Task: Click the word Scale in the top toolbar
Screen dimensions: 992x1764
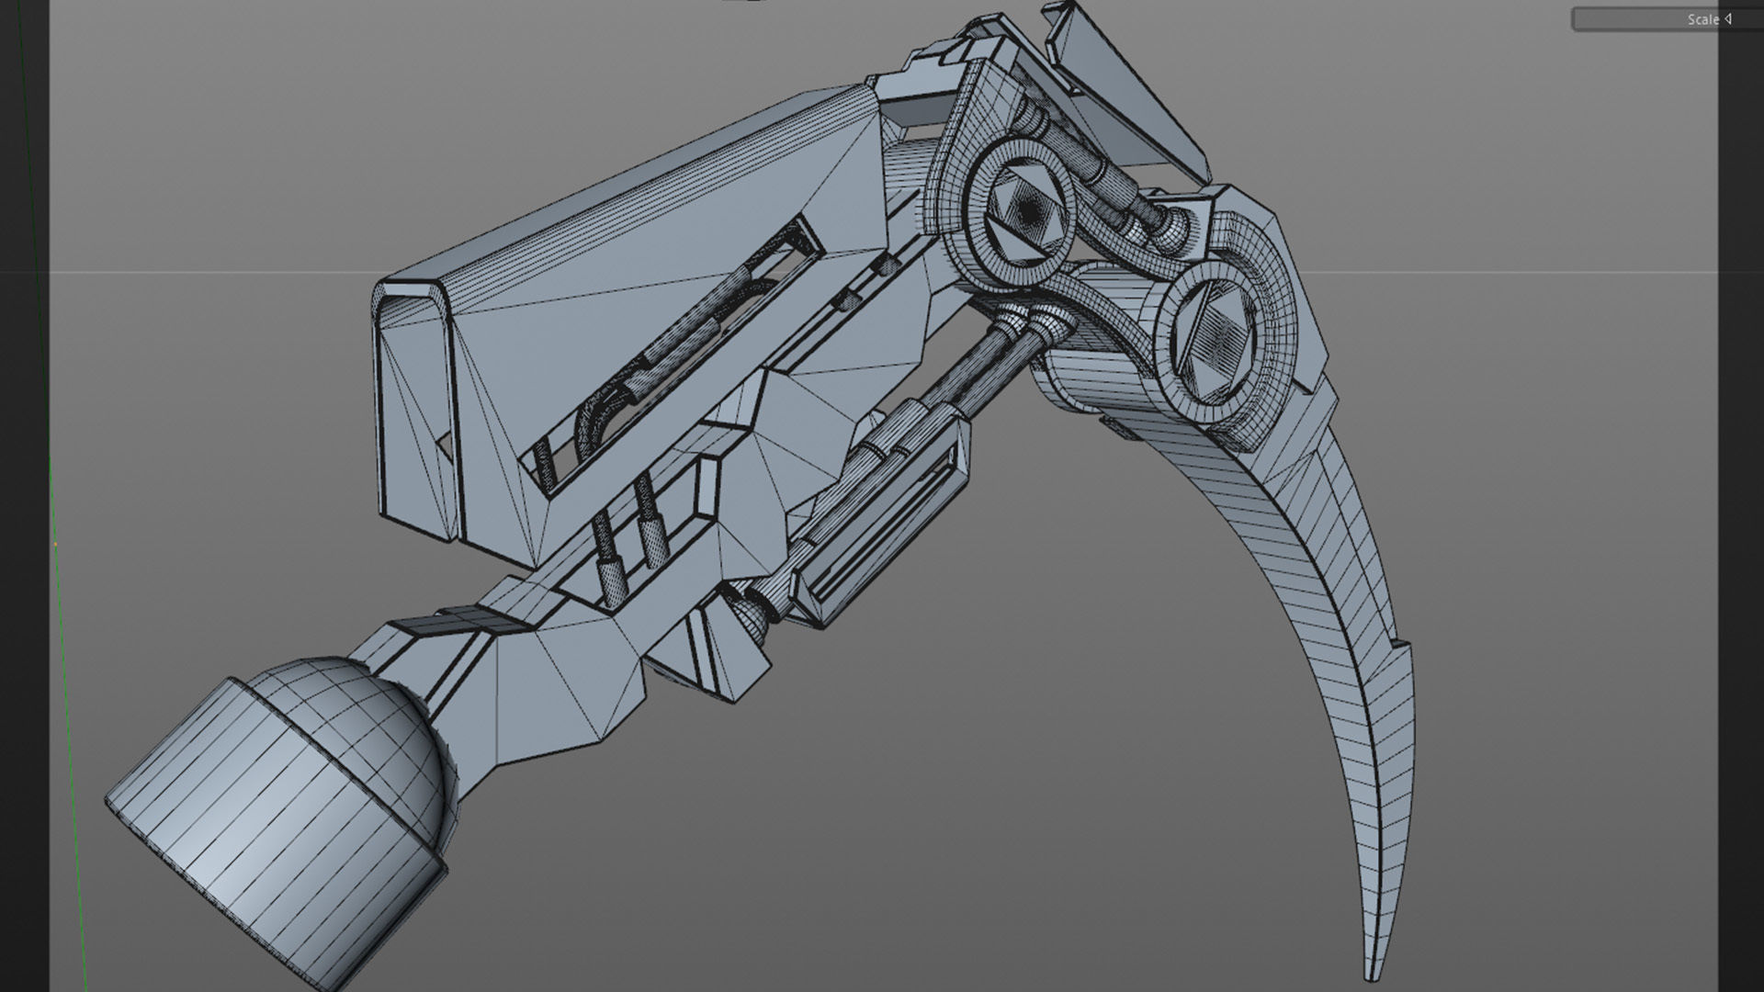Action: point(1702,19)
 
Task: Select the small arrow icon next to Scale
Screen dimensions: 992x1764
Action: point(1727,19)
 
